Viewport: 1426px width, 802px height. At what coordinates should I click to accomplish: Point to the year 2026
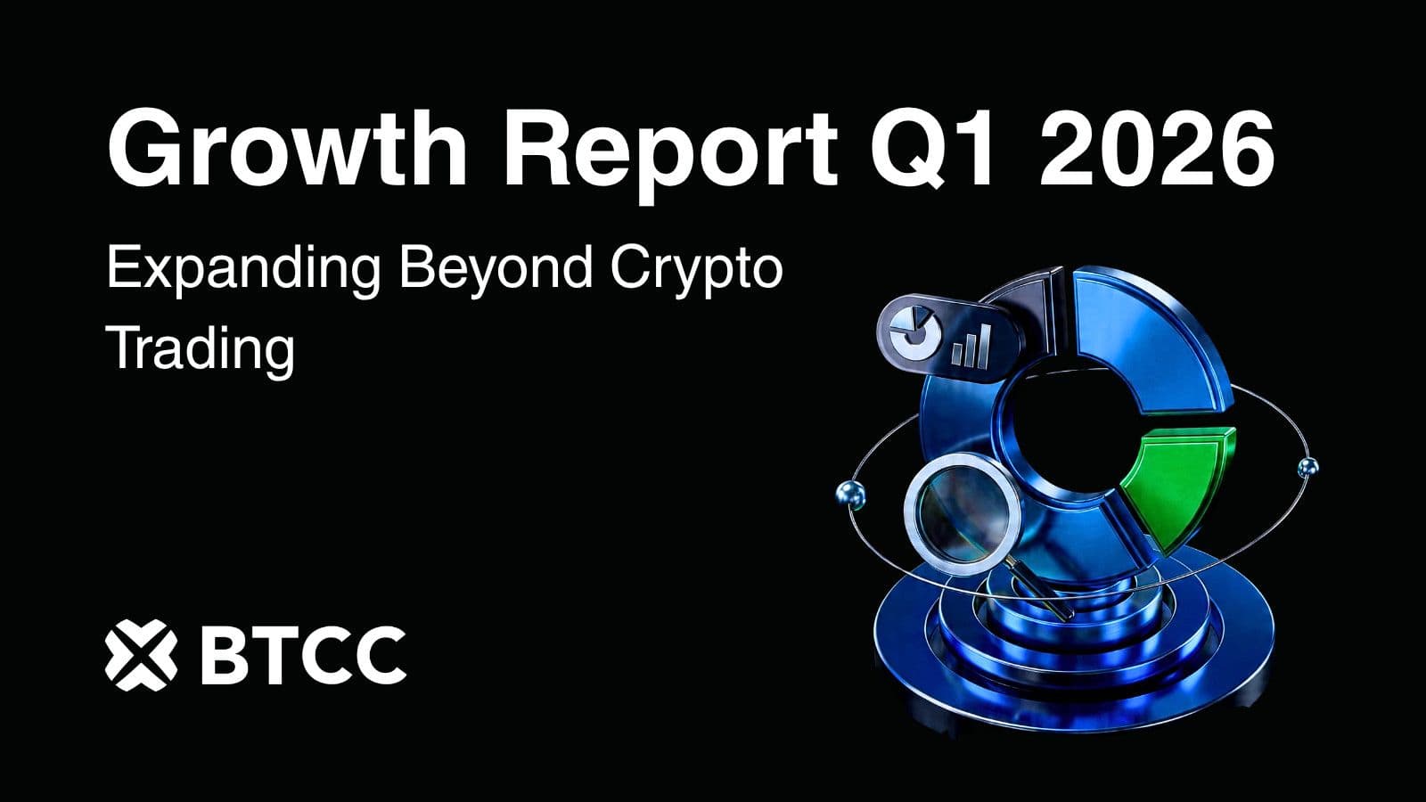(1155, 148)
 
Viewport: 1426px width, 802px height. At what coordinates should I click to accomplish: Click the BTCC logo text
(303, 656)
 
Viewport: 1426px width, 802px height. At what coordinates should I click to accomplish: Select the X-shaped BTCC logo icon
(139, 656)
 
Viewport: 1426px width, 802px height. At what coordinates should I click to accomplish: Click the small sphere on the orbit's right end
(1307, 465)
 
